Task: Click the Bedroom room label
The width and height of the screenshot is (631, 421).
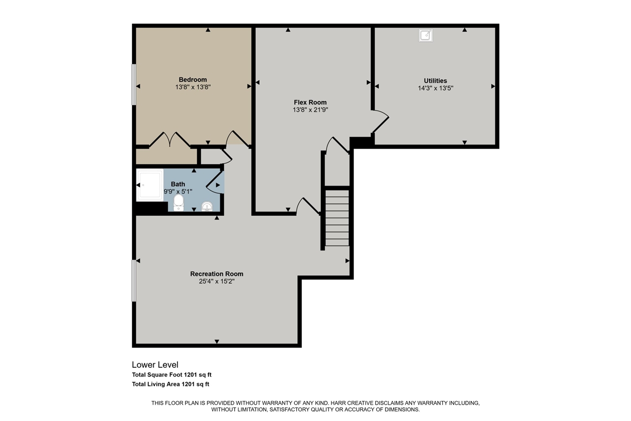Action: [193, 79]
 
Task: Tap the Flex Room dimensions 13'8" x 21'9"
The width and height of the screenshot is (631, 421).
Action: [310, 110]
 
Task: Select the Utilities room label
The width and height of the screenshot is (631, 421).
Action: [435, 80]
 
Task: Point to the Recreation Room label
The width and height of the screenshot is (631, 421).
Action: [216, 274]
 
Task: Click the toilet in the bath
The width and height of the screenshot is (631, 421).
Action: [178, 202]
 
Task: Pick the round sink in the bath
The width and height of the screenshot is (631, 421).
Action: [208, 206]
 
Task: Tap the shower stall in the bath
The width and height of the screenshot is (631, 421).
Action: [149, 185]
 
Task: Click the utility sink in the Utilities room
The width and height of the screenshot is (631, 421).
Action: [425, 35]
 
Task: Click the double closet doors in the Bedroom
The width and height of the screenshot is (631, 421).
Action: [170, 140]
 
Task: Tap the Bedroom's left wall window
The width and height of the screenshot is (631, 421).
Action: [134, 84]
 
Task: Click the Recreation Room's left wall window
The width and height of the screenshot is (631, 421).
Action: [134, 280]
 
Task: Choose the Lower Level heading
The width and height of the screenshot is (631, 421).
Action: [155, 365]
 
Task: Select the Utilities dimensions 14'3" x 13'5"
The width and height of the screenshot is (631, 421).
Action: [435, 88]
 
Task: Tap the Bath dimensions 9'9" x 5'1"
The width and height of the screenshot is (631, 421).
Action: [178, 191]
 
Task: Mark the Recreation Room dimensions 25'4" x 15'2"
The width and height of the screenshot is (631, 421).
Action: [216, 282]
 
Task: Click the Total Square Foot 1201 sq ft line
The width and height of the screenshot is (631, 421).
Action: [172, 375]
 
